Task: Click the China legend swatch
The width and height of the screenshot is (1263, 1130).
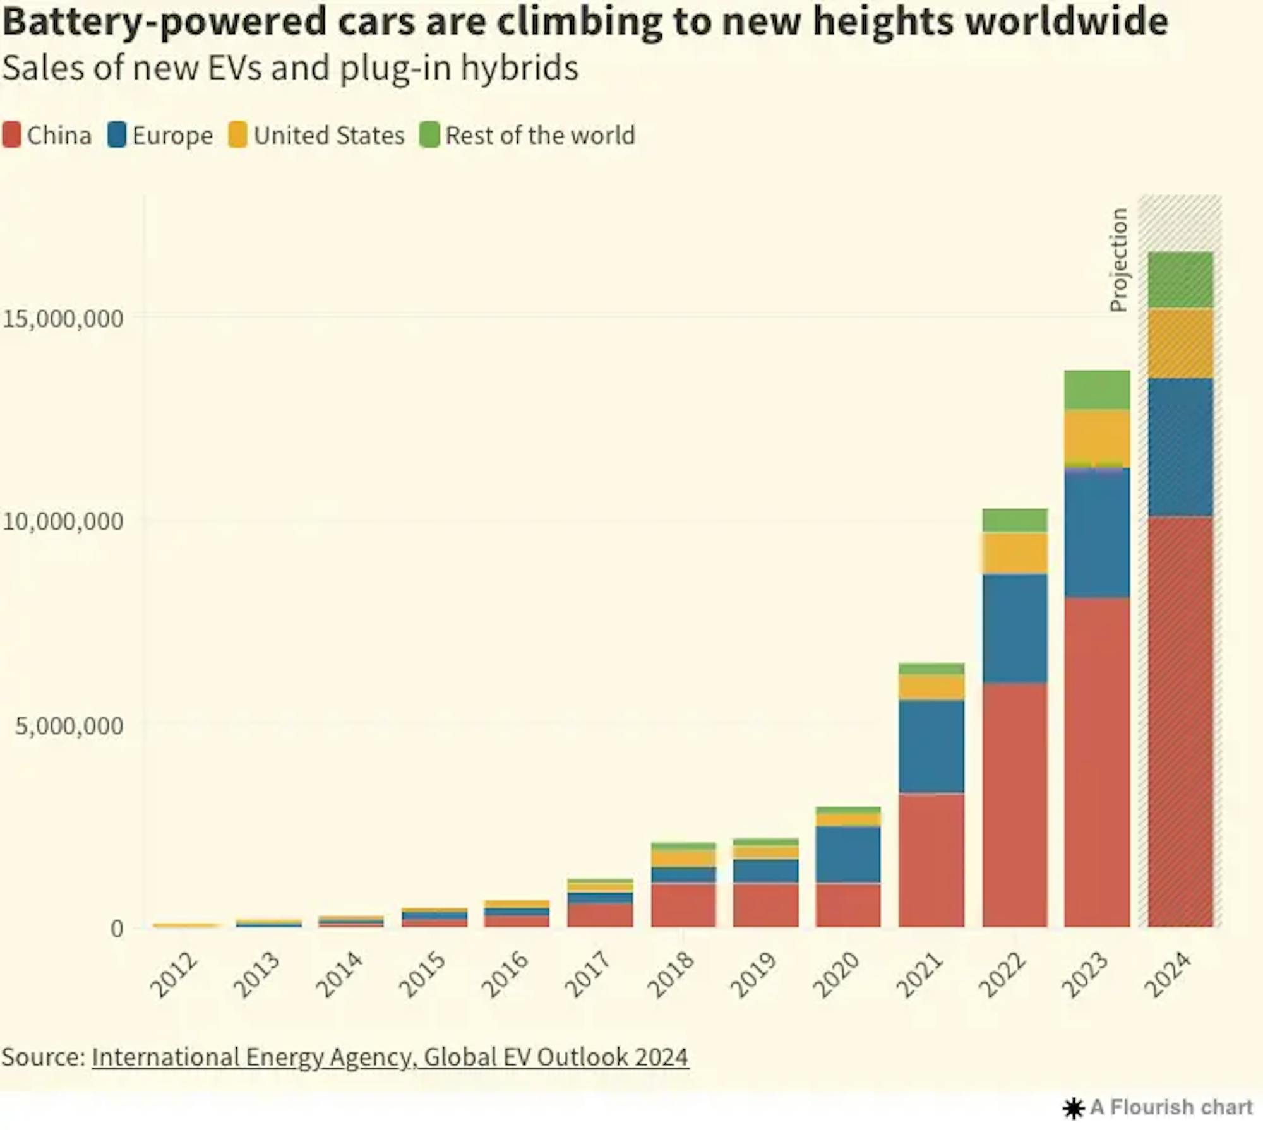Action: click(x=11, y=135)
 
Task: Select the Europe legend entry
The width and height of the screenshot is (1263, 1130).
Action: click(x=172, y=135)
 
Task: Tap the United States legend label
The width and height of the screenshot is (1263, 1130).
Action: click(x=328, y=135)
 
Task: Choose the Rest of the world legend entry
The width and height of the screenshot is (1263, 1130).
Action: click(x=539, y=135)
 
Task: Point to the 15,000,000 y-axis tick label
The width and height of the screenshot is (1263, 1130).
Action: click(x=63, y=318)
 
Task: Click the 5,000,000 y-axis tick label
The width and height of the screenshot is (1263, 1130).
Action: click(x=69, y=726)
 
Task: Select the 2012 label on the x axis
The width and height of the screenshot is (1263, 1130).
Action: click(x=174, y=975)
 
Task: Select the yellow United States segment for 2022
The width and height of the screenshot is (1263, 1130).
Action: click(x=1014, y=553)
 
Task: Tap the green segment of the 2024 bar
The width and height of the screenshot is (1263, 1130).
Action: click(x=1180, y=280)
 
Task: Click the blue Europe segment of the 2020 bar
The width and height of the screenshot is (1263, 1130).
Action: click(x=848, y=854)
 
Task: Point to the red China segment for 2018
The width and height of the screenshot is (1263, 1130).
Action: click(x=683, y=905)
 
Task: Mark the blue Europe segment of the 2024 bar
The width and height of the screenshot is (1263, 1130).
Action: click(x=1180, y=447)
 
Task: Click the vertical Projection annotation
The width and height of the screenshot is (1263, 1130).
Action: click(x=1118, y=259)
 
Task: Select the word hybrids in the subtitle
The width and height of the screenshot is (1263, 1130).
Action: click(x=519, y=68)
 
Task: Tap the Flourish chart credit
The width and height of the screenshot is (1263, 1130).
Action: click(x=1159, y=1107)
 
